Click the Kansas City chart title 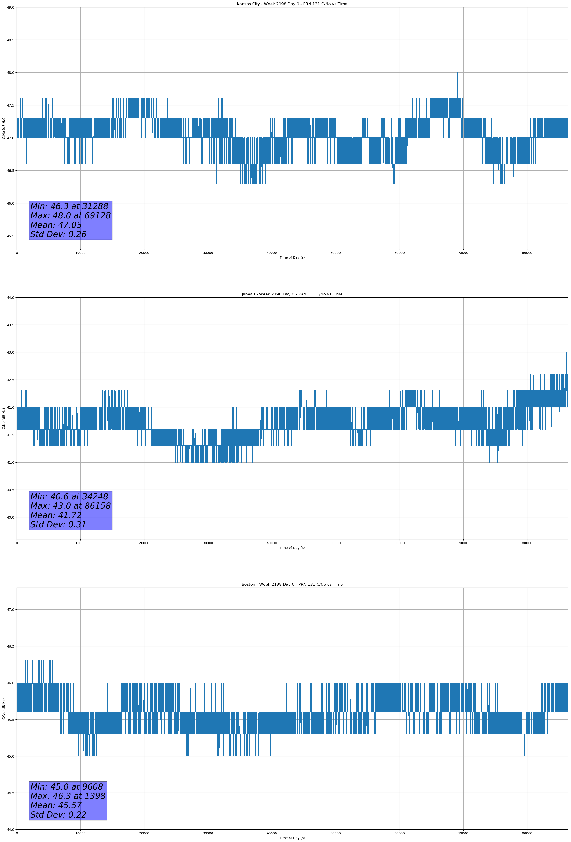292,4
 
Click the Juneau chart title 292,294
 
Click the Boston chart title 292,585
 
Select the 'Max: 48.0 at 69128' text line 70,215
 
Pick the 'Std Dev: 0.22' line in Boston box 58,815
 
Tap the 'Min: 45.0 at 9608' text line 67,786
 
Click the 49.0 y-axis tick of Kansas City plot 10,7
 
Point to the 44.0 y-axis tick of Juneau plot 10,297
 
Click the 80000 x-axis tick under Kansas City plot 527,253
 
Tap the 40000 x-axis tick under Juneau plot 272,543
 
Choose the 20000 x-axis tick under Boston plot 144,833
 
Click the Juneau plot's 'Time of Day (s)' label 292,548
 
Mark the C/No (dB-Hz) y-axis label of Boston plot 4,709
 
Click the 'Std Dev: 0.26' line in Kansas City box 58,234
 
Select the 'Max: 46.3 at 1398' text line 68,796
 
